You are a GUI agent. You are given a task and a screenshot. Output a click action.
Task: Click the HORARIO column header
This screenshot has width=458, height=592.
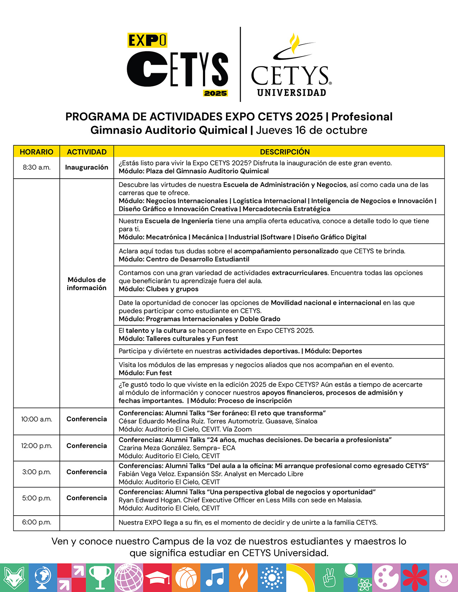click(x=36, y=152)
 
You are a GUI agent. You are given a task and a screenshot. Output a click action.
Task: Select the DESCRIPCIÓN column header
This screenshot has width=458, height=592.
click(x=284, y=152)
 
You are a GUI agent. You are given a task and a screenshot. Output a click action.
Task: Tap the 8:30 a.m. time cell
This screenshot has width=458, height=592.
click(x=36, y=167)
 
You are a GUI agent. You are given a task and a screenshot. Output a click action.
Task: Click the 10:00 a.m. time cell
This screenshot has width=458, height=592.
click(x=36, y=419)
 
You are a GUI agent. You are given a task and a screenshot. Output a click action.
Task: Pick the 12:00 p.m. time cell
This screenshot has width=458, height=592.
click(x=36, y=446)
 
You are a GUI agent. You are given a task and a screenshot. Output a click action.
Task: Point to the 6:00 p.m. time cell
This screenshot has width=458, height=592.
click(x=36, y=522)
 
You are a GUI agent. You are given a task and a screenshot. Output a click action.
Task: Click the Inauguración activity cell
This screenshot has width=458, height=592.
click(x=87, y=167)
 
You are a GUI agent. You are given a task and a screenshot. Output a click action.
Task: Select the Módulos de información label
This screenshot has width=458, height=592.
click(x=87, y=284)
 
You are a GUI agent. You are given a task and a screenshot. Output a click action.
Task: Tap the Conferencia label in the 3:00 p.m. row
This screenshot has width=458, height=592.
click(x=87, y=472)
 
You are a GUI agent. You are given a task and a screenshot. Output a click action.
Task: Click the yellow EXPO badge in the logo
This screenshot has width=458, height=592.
click(x=147, y=41)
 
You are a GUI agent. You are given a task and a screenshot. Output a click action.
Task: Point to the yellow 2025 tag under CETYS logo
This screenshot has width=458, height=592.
click(x=216, y=93)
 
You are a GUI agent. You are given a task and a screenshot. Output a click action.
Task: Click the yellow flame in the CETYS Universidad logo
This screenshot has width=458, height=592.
click(x=295, y=43)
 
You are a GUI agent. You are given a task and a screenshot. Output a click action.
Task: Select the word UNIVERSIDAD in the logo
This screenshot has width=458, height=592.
click(x=291, y=93)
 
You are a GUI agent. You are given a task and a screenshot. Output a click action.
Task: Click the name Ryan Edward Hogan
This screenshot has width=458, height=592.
click(x=150, y=500)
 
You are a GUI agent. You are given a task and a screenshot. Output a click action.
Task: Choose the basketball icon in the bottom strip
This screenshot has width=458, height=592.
click(x=186, y=578)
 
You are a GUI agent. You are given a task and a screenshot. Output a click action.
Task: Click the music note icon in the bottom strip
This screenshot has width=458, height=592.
click(x=214, y=578)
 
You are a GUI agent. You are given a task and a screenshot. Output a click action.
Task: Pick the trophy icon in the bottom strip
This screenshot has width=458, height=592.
click(x=100, y=578)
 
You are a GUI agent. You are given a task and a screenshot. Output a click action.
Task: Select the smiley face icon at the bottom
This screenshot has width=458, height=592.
click(x=443, y=578)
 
